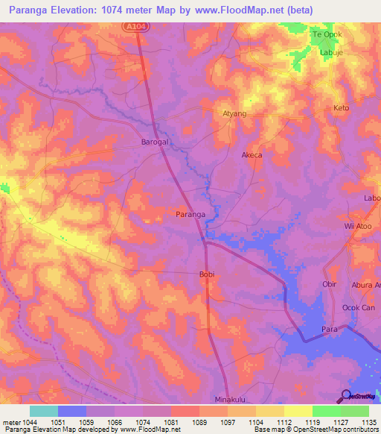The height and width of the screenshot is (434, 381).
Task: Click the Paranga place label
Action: click(x=190, y=214)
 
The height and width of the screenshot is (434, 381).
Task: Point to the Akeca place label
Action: click(x=252, y=156)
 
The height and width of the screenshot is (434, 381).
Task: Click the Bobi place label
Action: click(x=206, y=274)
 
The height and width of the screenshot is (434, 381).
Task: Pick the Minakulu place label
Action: click(x=230, y=399)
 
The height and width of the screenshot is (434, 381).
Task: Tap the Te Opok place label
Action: click(x=326, y=35)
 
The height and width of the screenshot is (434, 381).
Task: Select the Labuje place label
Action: click(x=331, y=53)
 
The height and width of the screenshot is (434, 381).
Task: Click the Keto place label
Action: click(x=341, y=108)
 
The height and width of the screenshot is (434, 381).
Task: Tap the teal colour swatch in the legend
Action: click(x=43, y=411)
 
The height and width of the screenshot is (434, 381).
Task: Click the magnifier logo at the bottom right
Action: click(x=346, y=397)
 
